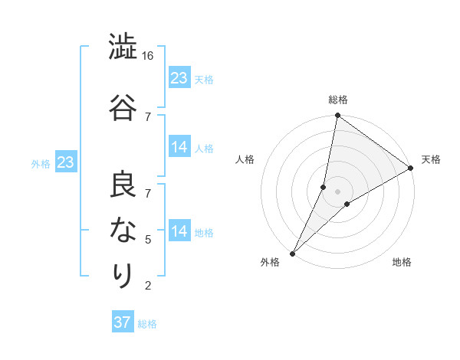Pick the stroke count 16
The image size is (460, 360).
(x=148, y=56)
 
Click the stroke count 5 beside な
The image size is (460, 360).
(x=148, y=239)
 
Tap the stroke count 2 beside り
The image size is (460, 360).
(x=148, y=286)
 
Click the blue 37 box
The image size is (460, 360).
(x=122, y=322)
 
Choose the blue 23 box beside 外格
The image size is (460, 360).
(x=65, y=162)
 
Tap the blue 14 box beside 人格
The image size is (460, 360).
(x=179, y=147)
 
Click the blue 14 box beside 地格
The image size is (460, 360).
(x=179, y=231)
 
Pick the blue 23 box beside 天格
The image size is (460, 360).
(x=179, y=78)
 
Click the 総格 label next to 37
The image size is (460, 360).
(x=148, y=324)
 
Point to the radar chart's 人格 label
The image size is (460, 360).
(x=245, y=159)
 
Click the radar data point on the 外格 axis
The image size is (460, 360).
(x=292, y=253)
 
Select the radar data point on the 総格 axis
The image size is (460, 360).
(x=337, y=115)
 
